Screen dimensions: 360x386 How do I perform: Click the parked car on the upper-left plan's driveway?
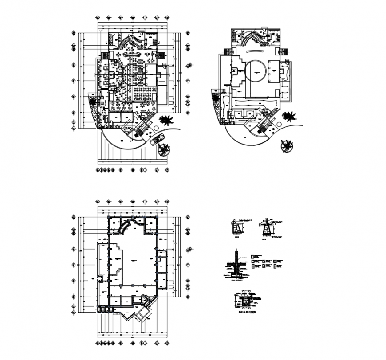coord(156,140)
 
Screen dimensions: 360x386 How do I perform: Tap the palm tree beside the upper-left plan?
coord(167,120)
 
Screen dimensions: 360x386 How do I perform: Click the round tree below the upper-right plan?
coord(287,145)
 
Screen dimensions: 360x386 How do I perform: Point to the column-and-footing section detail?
coord(236,266)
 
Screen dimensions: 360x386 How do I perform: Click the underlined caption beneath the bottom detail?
coord(246,312)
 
